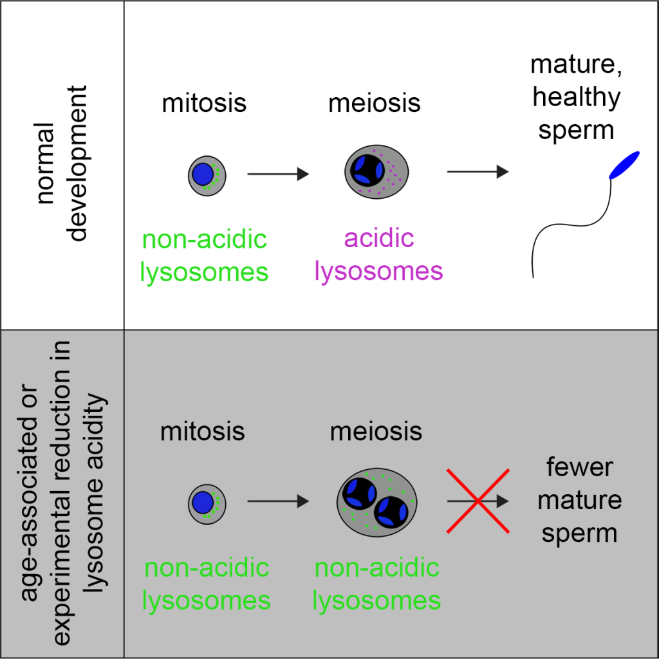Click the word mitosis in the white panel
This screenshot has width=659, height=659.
click(x=204, y=104)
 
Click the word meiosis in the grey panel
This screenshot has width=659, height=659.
click(x=376, y=432)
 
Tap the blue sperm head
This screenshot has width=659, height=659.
click(x=624, y=164)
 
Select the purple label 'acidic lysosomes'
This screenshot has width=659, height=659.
click(x=378, y=255)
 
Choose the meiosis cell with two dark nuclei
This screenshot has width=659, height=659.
click(x=376, y=502)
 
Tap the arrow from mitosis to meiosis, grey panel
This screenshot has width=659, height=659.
click(x=278, y=502)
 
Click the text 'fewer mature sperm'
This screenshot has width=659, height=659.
click(x=579, y=501)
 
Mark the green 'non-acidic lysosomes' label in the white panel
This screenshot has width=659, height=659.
click(x=204, y=255)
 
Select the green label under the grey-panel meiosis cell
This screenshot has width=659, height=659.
click(x=376, y=584)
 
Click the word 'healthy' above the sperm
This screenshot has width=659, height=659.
click(x=576, y=98)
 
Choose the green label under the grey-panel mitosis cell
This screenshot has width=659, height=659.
click(x=206, y=584)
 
